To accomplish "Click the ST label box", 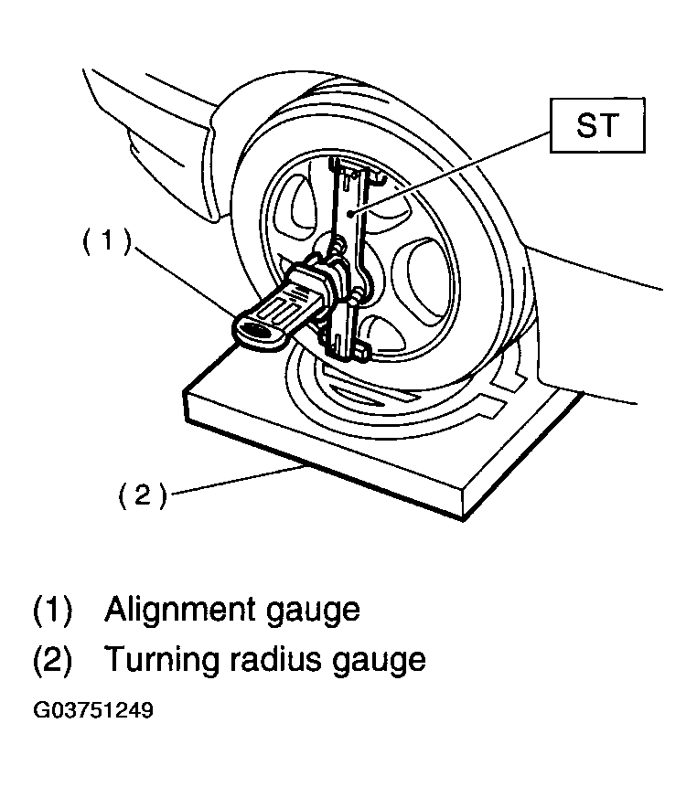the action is [x=597, y=125].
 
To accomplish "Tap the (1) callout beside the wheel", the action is [x=106, y=241].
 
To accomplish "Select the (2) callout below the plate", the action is [x=142, y=495].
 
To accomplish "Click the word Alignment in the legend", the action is [x=181, y=611].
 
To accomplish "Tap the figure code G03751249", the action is [x=93, y=710].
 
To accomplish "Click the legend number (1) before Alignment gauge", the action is [x=53, y=611].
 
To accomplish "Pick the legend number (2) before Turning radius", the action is [x=53, y=660].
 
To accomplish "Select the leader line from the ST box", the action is [x=453, y=173].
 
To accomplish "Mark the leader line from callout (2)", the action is [x=238, y=480].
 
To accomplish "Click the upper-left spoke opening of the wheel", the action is [x=301, y=206].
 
